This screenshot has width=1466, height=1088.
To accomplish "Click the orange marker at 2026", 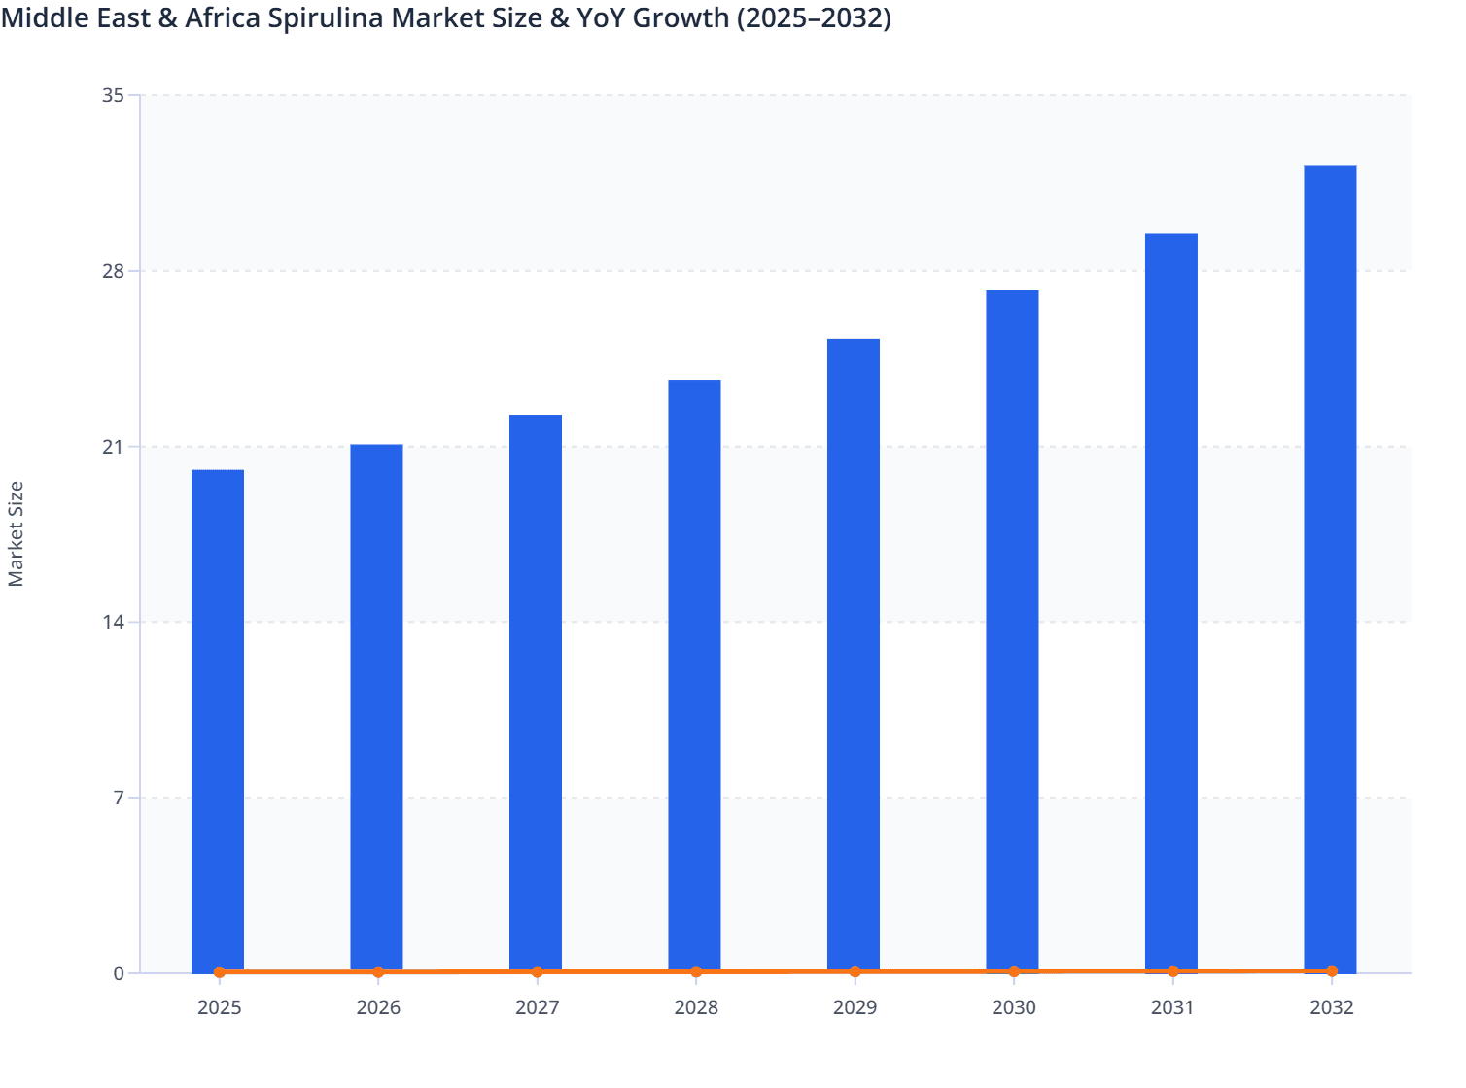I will point(378,971).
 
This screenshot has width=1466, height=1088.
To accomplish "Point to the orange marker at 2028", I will point(696,971).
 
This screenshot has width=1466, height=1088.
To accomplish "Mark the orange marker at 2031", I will point(1172,970).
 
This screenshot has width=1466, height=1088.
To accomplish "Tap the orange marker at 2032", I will point(1332,970).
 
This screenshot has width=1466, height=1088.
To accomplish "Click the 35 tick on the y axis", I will point(113,95).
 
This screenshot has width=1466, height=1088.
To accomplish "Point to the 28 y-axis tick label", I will point(113,271).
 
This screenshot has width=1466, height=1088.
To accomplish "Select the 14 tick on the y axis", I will point(113,622).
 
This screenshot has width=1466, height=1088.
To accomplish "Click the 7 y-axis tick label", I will point(119,798).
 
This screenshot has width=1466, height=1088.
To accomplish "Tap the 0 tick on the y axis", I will point(119,973).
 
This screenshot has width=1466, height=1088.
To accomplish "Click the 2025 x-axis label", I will point(219,1007).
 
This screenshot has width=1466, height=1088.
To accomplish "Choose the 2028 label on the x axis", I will point(696,1007).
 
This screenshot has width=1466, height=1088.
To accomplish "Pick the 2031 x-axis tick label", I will point(1172,1007).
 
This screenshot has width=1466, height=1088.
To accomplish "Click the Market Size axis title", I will point(16,533).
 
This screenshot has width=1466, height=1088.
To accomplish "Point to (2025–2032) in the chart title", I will point(813,18).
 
